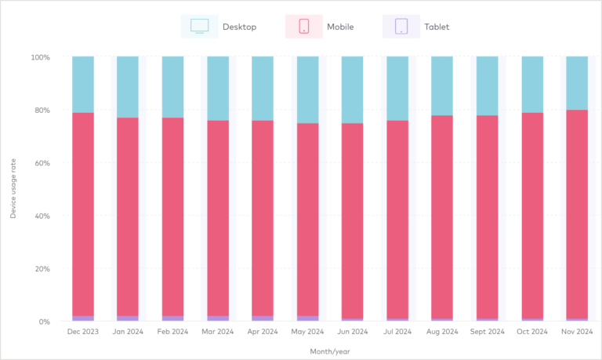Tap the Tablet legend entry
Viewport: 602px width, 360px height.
(x=422, y=27)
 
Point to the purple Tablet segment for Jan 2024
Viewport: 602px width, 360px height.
(x=128, y=318)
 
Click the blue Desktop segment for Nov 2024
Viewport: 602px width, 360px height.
(x=578, y=83)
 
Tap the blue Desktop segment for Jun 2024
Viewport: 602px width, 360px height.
(x=353, y=89)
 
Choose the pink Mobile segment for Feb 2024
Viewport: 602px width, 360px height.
(x=172, y=217)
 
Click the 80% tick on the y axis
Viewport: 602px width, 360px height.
(x=40, y=111)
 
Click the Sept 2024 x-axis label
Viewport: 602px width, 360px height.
(x=488, y=332)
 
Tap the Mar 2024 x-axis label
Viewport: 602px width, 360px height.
(x=217, y=332)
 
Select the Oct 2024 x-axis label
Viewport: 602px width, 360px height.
(x=532, y=332)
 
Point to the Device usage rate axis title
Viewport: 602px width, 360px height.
(x=13, y=188)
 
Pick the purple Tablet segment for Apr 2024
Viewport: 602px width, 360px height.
(x=263, y=318)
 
